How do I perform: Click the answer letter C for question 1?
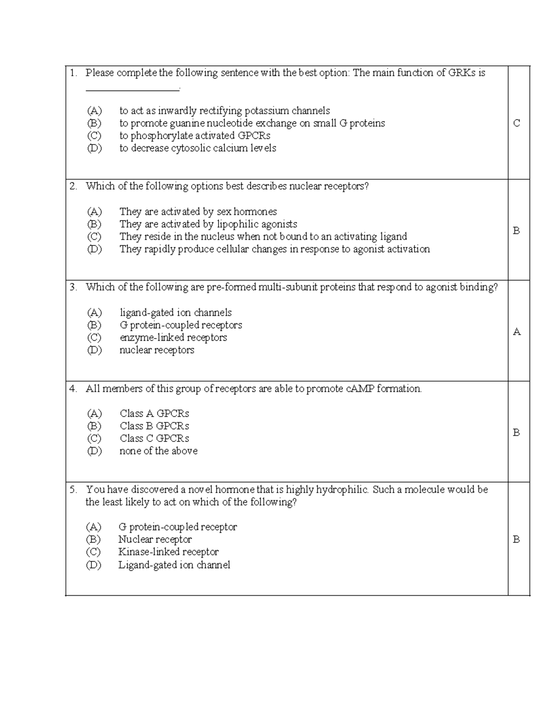[x=516, y=123]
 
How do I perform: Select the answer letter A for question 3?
[x=516, y=332]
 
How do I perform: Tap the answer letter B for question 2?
[x=516, y=231]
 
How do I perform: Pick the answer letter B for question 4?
[x=516, y=433]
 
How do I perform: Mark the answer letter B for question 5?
[x=516, y=539]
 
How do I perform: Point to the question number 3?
[x=73, y=287]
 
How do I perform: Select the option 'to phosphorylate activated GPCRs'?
[x=194, y=136]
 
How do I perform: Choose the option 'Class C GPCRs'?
[x=154, y=439]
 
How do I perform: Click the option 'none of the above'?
[x=158, y=451]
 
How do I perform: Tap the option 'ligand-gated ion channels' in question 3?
[x=175, y=313]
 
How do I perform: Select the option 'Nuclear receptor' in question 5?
[x=155, y=539]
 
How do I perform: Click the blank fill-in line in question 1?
[x=132, y=90]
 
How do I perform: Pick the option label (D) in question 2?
[x=94, y=249]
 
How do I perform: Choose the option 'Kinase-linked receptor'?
[x=168, y=552]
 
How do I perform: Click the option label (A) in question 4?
[x=94, y=414]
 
